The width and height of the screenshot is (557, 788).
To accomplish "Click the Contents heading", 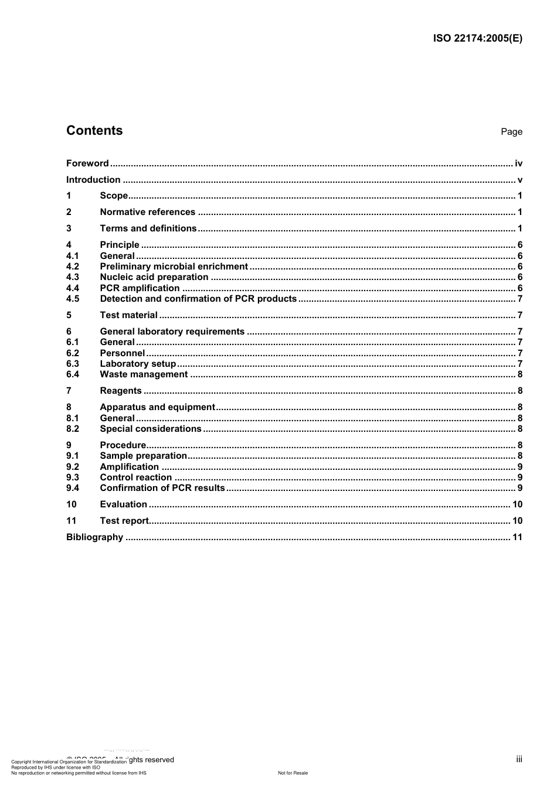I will tap(94, 131).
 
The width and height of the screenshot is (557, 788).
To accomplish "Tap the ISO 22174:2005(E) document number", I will tap(477, 39).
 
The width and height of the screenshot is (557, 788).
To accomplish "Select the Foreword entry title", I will tap(87, 163).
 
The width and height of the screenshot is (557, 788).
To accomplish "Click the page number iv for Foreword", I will tap(518, 163).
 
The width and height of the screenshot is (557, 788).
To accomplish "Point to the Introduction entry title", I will tap(93, 180).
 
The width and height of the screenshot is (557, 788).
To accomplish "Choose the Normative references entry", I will tap(147, 212).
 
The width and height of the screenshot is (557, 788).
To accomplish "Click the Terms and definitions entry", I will tap(148, 228).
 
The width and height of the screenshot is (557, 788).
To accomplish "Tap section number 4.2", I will tap(73, 267).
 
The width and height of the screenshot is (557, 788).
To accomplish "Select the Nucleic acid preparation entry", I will tap(154, 277).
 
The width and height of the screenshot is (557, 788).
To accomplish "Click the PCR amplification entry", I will tap(140, 288).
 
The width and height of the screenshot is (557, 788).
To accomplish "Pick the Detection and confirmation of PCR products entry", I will tap(198, 299).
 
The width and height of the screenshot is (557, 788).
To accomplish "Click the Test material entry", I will tap(128, 315).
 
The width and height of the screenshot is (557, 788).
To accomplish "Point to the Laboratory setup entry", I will tap(138, 364).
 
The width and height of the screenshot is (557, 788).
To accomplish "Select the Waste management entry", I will tap(144, 374).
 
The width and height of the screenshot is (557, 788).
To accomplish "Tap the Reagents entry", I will tap(121, 391).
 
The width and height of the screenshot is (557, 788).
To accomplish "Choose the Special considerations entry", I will tap(151, 429).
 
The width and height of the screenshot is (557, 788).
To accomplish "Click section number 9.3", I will tap(73, 477).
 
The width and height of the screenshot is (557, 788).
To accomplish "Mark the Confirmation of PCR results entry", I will tap(162, 488).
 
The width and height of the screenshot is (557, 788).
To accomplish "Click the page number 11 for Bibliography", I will tap(517, 537).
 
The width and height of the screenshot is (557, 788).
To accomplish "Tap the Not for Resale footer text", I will tap(293, 773).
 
